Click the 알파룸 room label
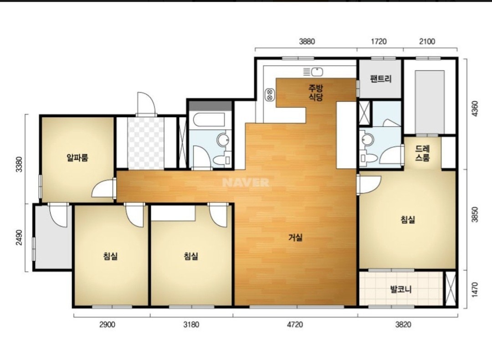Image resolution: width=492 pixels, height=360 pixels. click(77, 157)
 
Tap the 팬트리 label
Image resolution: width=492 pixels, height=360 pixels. click(380, 78)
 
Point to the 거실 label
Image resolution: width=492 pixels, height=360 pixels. click(296, 237)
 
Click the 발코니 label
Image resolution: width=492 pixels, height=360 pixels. click(401, 289)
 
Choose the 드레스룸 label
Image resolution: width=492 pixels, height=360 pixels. click(422, 153)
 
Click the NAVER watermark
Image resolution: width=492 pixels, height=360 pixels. click(246, 182)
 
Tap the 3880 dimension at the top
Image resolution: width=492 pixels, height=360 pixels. click(307, 41)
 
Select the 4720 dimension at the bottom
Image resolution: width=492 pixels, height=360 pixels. click(295, 324)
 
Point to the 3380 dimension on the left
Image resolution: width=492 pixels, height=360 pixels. click(20, 164)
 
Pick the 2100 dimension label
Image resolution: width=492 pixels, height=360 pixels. click(427, 41)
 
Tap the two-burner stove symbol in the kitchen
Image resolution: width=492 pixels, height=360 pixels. click(270, 94)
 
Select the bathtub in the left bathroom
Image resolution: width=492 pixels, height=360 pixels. click(209, 119)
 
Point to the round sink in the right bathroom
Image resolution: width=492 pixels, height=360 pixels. click(366, 139)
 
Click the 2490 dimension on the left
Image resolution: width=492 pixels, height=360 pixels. click(20, 238)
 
